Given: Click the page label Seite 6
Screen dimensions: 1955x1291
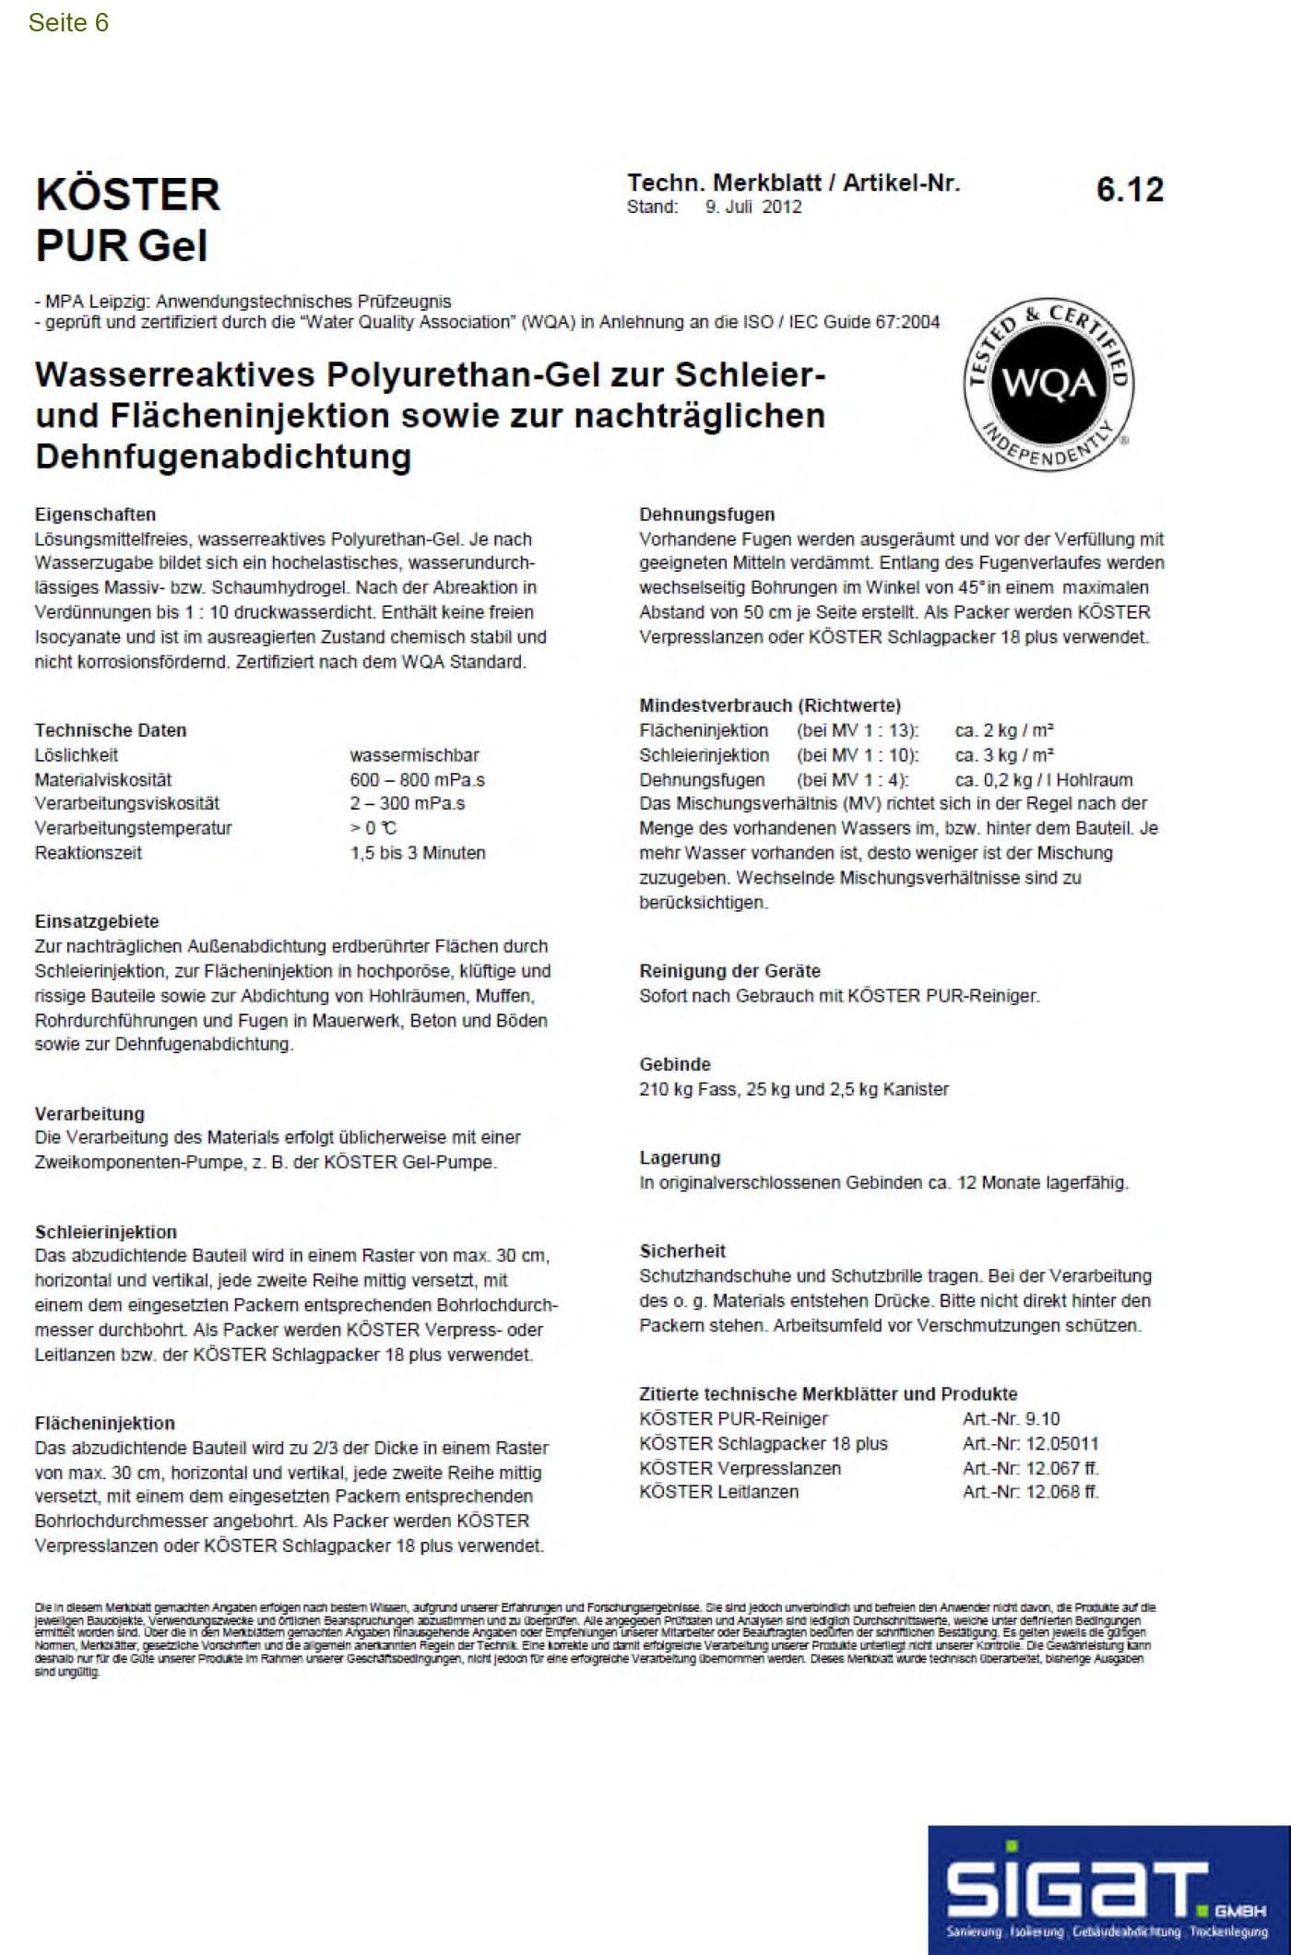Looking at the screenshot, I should click(68, 23).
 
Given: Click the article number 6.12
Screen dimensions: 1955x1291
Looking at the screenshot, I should click(1130, 190).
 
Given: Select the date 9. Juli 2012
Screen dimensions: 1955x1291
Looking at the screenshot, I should click(753, 207).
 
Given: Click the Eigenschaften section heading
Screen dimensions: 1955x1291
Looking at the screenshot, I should click(95, 515).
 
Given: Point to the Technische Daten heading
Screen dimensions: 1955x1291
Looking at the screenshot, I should click(111, 730).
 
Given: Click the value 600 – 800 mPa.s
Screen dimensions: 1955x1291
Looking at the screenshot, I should click(417, 779).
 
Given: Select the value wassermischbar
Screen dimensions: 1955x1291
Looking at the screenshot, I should click(414, 755).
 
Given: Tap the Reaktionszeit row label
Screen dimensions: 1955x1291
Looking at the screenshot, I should click(89, 853).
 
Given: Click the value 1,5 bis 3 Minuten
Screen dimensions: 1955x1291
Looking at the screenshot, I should click(417, 853).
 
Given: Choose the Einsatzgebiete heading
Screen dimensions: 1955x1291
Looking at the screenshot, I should click(97, 921).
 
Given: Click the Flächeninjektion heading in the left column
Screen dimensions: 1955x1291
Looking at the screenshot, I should click(104, 1423).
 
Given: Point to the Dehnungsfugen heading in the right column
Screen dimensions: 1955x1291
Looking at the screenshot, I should click(707, 515).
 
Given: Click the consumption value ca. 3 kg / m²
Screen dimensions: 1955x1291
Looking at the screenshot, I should click(1004, 755).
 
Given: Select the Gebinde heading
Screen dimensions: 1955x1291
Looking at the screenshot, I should click(674, 1064).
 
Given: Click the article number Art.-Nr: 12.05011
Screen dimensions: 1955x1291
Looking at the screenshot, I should click(1030, 1443).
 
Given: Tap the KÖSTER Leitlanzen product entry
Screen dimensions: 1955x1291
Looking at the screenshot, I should click(718, 1491).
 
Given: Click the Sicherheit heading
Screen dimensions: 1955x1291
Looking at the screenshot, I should click(682, 1251).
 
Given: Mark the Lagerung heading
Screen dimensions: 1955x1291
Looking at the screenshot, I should click(680, 1158).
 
